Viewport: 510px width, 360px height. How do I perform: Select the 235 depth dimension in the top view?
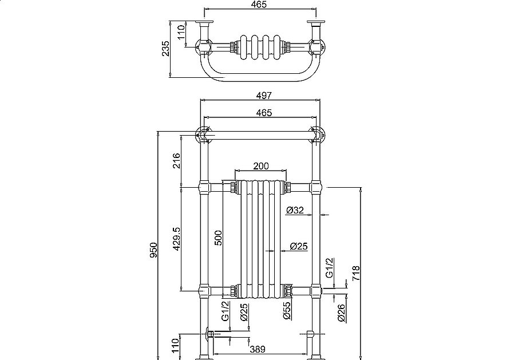(x=166, y=49)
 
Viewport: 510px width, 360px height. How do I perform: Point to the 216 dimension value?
(x=176, y=161)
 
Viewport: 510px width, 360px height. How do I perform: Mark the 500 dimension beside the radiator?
(x=218, y=238)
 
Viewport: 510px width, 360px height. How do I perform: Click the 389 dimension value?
(x=258, y=348)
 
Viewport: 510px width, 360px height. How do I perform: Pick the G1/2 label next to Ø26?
(x=329, y=268)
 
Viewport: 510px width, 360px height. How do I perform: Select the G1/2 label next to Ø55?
(x=226, y=311)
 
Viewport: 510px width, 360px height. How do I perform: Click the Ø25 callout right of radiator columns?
(x=298, y=247)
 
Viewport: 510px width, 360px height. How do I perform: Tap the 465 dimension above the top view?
(x=260, y=5)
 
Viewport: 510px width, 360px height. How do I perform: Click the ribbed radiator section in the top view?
(x=260, y=47)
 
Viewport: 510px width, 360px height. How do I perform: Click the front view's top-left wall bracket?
(x=201, y=134)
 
